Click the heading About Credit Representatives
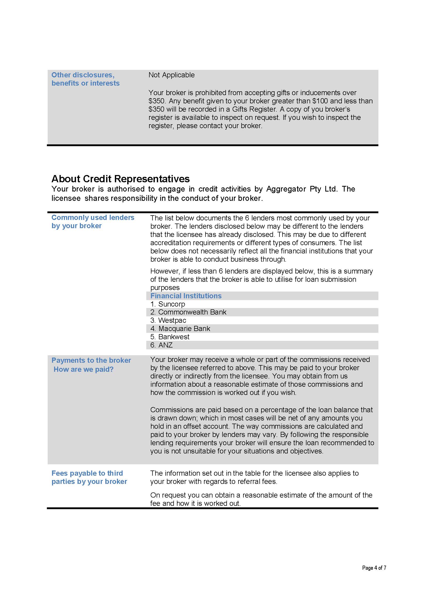click(120, 179)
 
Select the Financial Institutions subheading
click(186, 296)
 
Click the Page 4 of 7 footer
click(374, 568)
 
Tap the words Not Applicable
click(172, 75)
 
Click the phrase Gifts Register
click(254, 109)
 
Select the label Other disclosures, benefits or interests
click(85, 79)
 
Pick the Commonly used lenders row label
click(93, 221)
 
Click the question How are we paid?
click(83, 369)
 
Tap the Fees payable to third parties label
click(89, 477)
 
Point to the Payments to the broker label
click(91, 360)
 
